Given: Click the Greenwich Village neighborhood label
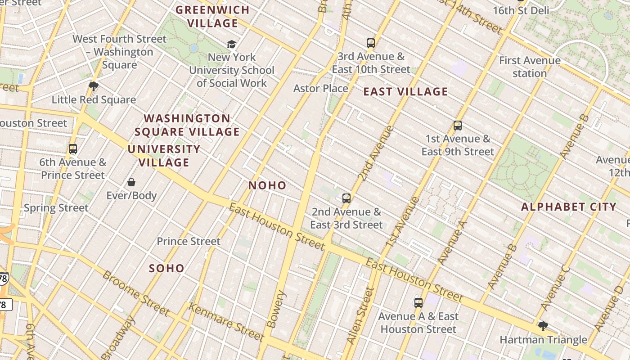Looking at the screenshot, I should (212, 16).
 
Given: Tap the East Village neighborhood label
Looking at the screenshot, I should (405, 92).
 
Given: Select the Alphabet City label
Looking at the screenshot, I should (568, 207).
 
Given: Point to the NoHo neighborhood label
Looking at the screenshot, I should (267, 185).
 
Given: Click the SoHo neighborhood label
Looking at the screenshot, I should (166, 269).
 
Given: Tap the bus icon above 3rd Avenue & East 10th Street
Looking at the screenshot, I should (370, 43).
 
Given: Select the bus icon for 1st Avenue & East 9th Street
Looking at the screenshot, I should (458, 126).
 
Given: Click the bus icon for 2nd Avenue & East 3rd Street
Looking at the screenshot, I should (346, 198).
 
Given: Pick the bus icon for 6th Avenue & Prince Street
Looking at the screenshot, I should (72, 148).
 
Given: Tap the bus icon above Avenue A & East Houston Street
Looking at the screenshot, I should (418, 302).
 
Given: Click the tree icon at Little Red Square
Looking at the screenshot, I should (94, 86).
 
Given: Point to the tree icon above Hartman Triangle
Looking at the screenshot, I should (543, 326).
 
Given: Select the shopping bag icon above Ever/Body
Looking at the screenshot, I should (131, 182).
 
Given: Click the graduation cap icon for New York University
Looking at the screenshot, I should (231, 44).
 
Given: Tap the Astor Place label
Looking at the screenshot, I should (320, 88).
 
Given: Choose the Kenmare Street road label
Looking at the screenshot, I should (225, 322).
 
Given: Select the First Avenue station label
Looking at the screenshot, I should (530, 67).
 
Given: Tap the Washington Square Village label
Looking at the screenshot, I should (187, 125).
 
